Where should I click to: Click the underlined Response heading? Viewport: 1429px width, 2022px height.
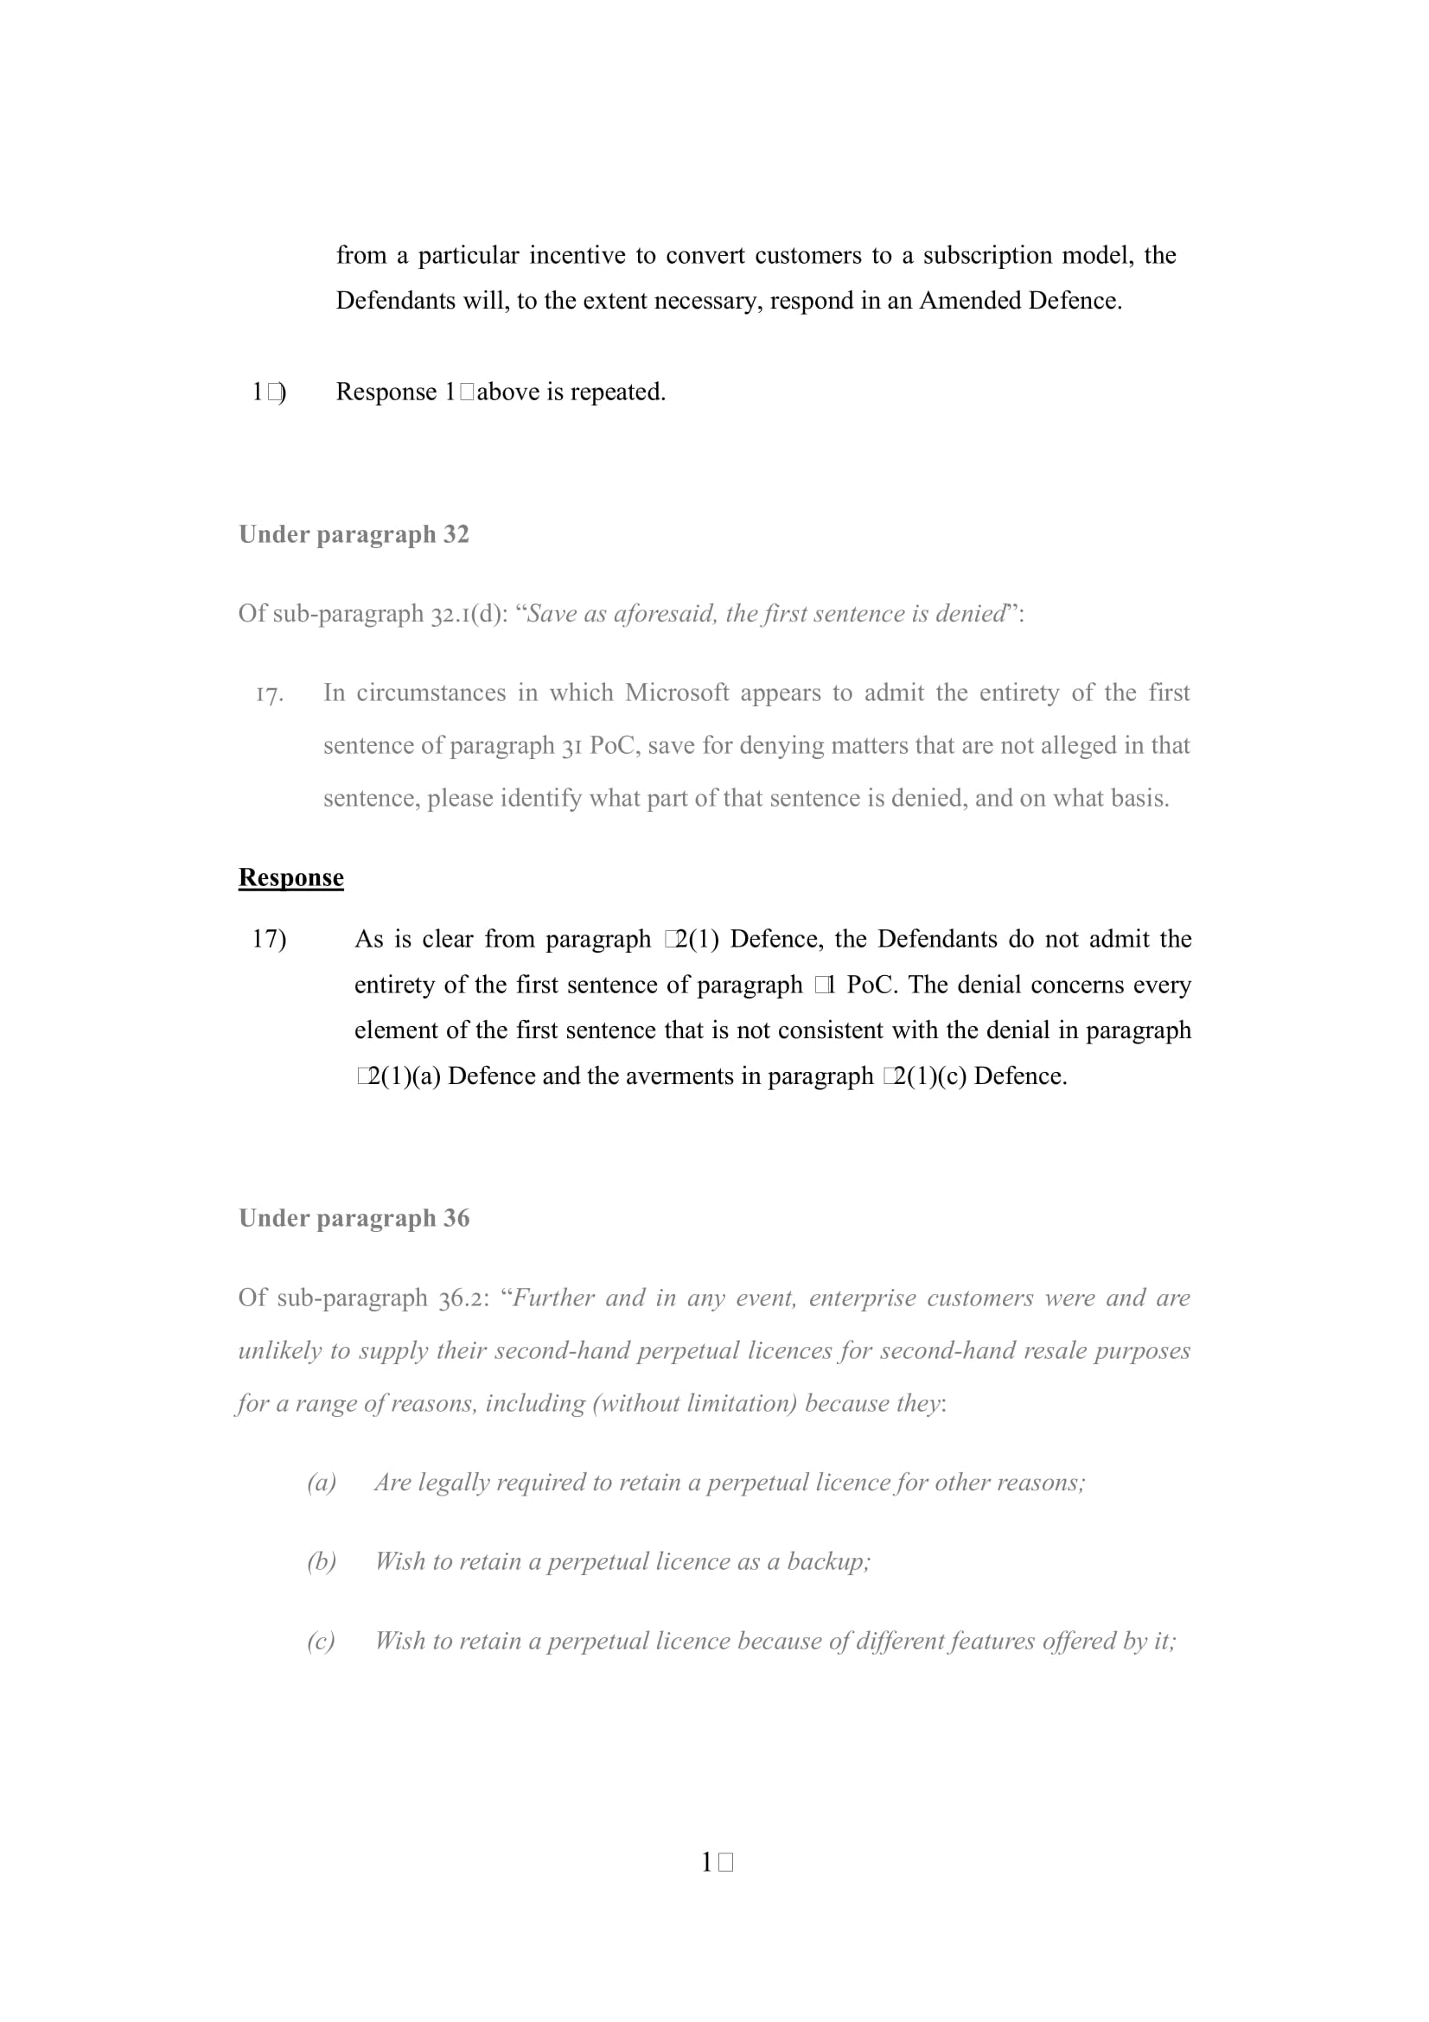(290, 878)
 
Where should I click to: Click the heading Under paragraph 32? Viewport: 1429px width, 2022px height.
(353, 534)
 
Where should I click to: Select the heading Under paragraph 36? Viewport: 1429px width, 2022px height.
(353, 1218)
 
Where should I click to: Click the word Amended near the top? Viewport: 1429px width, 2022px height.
(969, 301)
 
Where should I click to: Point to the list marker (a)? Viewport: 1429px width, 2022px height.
(322, 1483)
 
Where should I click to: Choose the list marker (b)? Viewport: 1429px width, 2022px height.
(322, 1562)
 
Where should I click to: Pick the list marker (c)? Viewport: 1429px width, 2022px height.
(322, 1642)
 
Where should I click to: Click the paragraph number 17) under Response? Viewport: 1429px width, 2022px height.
(269, 940)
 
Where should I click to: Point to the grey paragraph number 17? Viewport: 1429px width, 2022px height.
(270, 695)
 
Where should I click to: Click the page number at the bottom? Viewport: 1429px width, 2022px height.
(717, 1863)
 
